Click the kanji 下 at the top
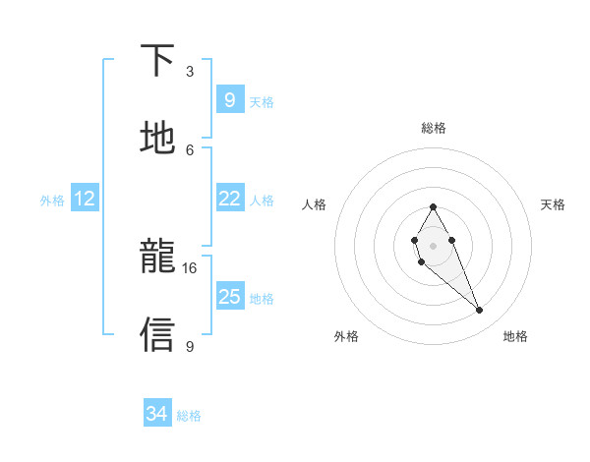[158, 61]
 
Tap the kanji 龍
[158, 258]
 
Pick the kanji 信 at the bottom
[158, 334]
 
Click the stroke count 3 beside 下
[190, 72]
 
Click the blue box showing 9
[229, 100]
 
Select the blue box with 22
[229, 199]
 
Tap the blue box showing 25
[229, 297]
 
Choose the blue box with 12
[85, 200]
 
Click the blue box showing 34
[157, 414]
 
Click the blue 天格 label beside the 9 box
[262, 102]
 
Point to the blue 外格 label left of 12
[52, 201]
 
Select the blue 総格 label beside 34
[189, 416]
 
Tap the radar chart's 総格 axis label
[434, 128]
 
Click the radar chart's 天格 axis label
[553, 204]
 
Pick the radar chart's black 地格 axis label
[515, 336]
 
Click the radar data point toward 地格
[480, 311]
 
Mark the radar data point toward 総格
[433, 206]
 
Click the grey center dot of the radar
[433, 245]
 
